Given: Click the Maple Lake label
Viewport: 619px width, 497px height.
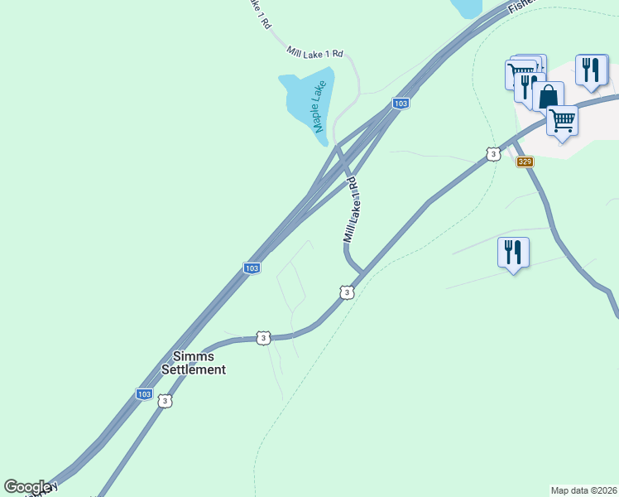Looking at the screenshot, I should click(x=318, y=106).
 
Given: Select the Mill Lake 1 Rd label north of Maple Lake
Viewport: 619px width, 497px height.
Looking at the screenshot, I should click(x=314, y=53).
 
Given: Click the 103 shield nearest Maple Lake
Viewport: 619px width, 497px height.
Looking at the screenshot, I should click(x=401, y=103).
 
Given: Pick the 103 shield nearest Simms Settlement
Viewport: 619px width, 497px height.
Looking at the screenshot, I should click(x=144, y=394).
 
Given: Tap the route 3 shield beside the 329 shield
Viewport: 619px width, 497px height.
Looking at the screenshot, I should click(x=493, y=154).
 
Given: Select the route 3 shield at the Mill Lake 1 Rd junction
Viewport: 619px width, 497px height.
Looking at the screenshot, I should click(x=347, y=292).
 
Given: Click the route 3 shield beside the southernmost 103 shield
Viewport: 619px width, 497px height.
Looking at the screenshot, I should click(x=166, y=401).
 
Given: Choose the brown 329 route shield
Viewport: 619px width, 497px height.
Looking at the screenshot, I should click(x=525, y=162).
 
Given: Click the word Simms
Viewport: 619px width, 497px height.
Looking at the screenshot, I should click(x=193, y=355).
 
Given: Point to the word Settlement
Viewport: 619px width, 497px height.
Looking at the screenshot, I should click(x=193, y=369).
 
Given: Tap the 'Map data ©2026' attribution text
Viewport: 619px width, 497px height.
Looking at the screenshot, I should click(x=583, y=490).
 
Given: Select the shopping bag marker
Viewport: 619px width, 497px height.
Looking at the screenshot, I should click(x=548, y=98).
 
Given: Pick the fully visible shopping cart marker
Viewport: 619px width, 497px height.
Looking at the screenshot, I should click(x=563, y=121).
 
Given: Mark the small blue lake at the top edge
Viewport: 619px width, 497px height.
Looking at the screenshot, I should click(x=466, y=7).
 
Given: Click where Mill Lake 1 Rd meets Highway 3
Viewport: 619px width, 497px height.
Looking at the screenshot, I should click(x=361, y=274).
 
